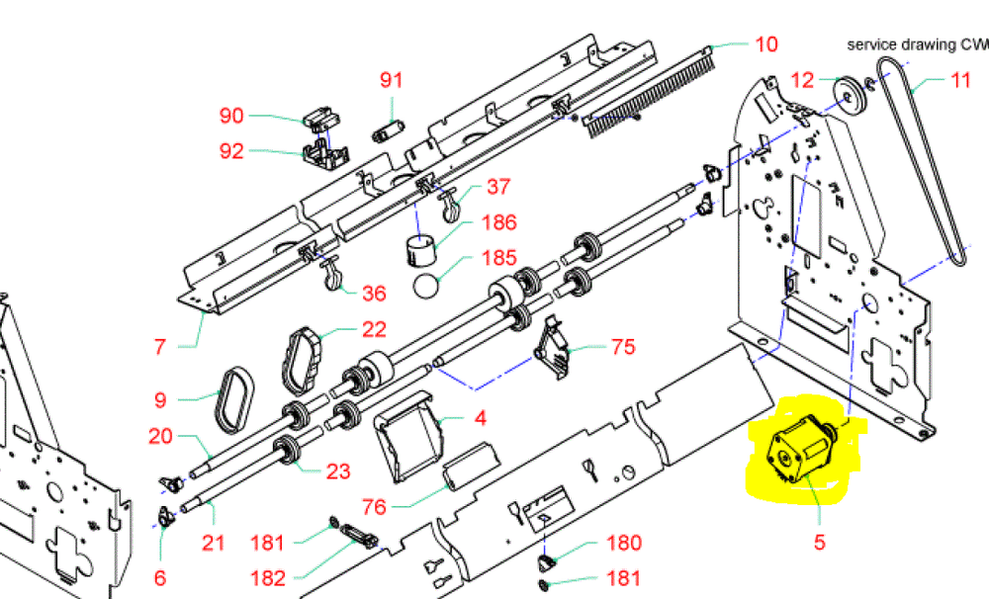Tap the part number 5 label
(819, 542)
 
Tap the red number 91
(392, 80)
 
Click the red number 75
(622, 347)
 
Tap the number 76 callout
(374, 508)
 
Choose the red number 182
(268, 579)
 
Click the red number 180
(622, 543)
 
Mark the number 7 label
(160, 347)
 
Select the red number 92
(230, 152)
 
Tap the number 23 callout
(338, 471)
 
